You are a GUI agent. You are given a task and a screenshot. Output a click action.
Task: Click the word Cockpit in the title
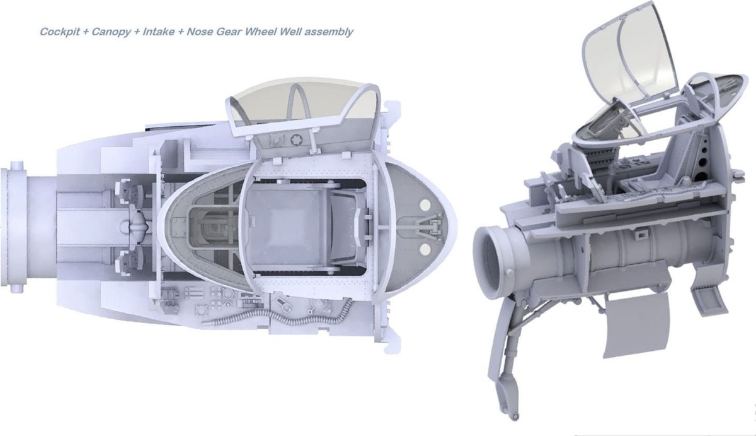click(x=60, y=32)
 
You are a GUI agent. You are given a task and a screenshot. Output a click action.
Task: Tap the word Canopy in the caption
click(x=111, y=32)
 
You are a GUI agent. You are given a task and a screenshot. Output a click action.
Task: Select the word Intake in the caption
click(x=159, y=32)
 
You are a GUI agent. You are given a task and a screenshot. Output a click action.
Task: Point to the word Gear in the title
click(x=229, y=32)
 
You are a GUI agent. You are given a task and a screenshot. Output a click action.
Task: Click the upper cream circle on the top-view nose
click(x=425, y=204)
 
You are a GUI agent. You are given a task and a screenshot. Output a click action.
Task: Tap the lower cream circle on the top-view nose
click(x=426, y=249)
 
